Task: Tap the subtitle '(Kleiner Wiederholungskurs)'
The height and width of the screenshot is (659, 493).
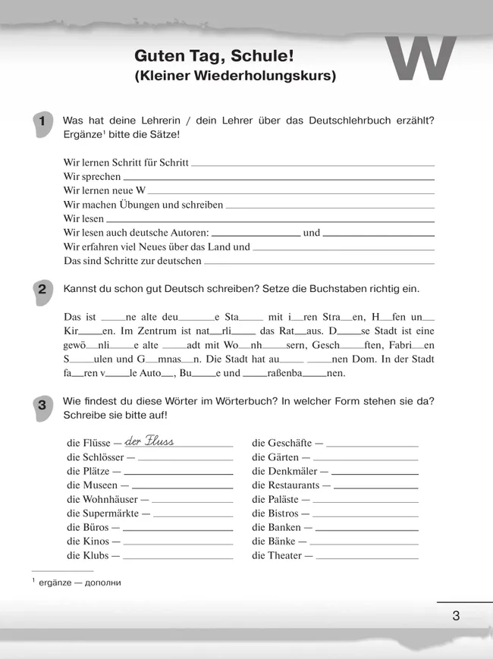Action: pos(234,76)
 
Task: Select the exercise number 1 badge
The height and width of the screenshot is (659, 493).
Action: pos(42,122)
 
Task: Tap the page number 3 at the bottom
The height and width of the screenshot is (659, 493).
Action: pos(456,615)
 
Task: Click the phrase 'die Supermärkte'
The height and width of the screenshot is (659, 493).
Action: pos(103,513)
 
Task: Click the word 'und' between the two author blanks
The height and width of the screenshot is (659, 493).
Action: pos(311,233)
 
